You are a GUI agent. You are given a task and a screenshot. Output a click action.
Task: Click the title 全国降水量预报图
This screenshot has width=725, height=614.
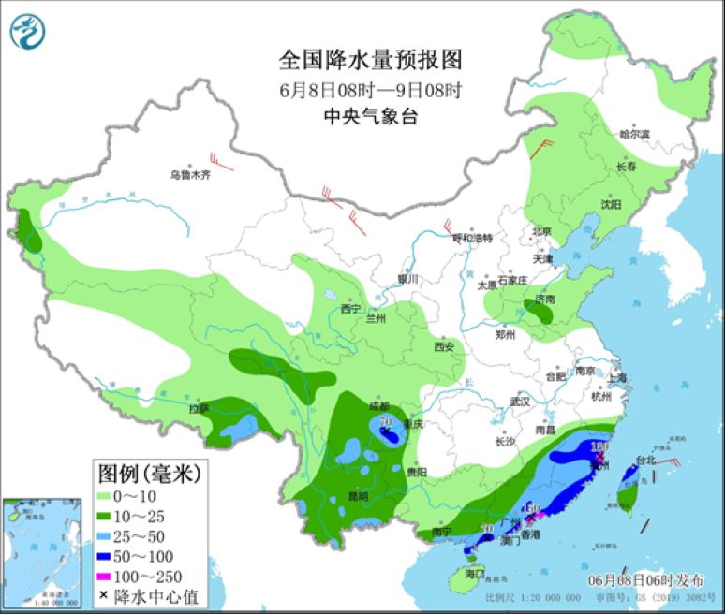[371, 61]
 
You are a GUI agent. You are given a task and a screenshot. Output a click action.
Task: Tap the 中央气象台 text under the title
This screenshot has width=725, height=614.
[371, 116]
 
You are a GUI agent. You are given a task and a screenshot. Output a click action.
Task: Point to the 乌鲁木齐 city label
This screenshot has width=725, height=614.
[190, 175]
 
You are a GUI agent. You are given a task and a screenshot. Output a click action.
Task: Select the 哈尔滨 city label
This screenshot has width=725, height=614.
[634, 135]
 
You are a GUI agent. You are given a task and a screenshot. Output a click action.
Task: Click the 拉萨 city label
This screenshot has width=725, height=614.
[198, 409]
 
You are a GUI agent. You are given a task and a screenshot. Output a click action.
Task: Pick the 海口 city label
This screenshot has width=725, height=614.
[476, 573]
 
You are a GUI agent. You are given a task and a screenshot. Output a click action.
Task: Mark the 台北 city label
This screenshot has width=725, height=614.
[646, 460]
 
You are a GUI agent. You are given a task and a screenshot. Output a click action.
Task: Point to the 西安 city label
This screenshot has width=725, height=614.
[444, 347]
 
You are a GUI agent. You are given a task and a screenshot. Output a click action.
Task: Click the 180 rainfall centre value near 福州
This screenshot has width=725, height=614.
[600, 448]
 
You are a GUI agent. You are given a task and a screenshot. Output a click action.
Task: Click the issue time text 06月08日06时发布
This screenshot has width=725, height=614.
[645, 580]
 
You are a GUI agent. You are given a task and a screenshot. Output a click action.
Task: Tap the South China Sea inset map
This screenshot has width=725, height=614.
[40, 551]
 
